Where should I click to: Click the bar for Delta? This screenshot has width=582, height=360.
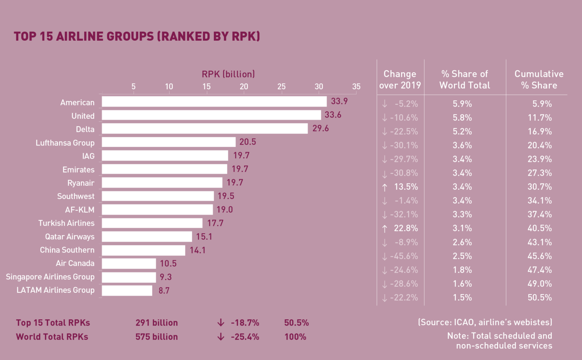tap(205, 128)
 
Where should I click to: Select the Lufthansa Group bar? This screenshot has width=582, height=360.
tap(169, 142)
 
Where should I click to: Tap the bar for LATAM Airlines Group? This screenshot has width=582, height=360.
tap(127, 291)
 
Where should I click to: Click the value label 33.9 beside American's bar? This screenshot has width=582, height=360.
tap(339, 101)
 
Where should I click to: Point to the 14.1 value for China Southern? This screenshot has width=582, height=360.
tap(197, 250)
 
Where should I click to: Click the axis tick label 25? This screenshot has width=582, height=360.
tap(281, 87)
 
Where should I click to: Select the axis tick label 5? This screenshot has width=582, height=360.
tap(133, 87)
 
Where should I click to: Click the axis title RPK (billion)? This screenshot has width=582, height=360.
tap(228, 74)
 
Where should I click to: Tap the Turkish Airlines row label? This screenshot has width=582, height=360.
tap(66, 223)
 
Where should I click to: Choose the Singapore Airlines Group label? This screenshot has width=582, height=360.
tap(50, 277)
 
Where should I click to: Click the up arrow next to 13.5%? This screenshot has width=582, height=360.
tap(385, 187)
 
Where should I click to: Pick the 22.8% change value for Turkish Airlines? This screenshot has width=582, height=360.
tap(406, 228)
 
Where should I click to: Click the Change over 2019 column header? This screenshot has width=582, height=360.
tap(400, 80)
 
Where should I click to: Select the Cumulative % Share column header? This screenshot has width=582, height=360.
tap(539, 80)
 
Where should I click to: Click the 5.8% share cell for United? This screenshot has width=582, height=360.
tap(462, 118)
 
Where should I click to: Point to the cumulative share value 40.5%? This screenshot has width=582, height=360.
tap(540, 228)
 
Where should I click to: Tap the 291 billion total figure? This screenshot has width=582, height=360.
tap(157, 323)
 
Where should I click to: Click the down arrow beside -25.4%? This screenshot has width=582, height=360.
tap(221, 337)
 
